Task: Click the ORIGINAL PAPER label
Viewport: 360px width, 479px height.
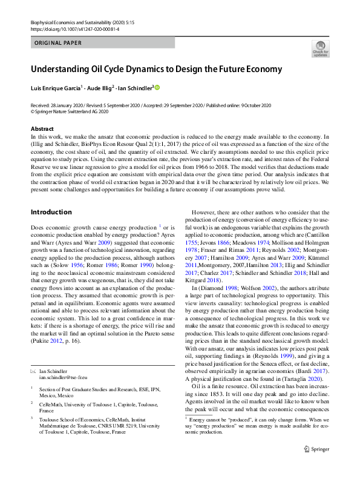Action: [x=57, y=43]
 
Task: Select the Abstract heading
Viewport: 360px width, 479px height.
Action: [x=43, y=129]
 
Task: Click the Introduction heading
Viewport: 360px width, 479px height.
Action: [x=51, y=213]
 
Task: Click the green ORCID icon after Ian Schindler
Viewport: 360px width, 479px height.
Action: [x=158, y=87]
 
